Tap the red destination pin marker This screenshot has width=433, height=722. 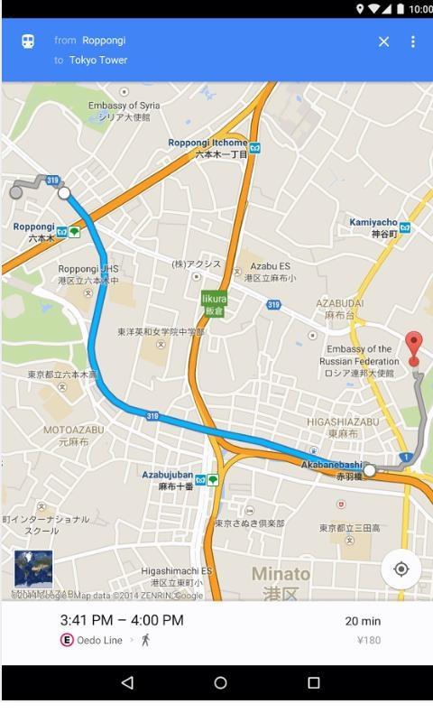tap(413, 346)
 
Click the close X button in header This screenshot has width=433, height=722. tap(383, 42)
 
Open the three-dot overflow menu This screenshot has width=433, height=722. tap(413, 42)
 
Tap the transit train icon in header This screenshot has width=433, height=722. tap(28, 42)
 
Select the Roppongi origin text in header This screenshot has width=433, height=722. tap(104, 41)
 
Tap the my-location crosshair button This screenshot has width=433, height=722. tap(401, 569)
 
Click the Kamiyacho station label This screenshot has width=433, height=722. tap(373, 227)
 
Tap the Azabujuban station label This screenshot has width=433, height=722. tap(168, 479)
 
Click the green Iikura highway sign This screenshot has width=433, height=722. tap(214, 303)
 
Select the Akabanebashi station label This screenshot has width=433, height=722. tap(332, 469)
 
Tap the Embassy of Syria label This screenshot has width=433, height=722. tap(124, 110)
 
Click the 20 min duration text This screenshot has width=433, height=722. tap(363, 621)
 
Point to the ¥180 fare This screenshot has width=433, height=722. tap(369, 641)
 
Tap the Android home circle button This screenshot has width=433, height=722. tap(220, 683)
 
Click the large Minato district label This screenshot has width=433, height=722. tap(281, 582)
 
